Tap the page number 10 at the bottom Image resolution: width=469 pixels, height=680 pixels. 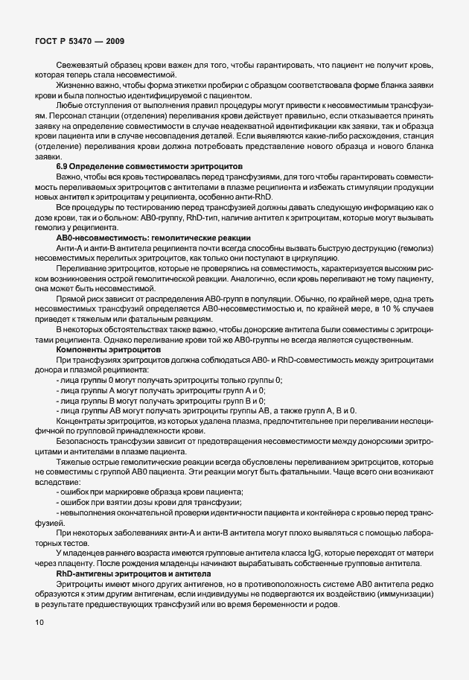pyautogui.click(x=39, y=622)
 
